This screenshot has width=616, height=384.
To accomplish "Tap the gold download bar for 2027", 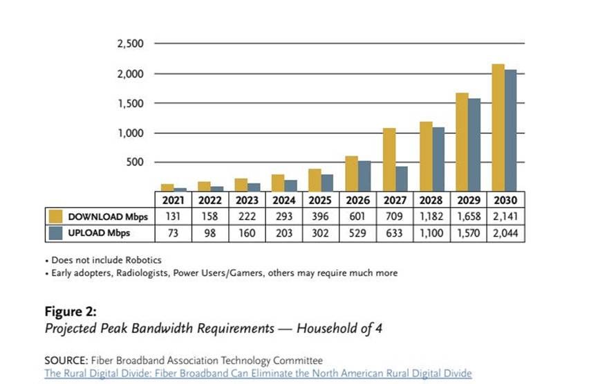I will pos(389,159).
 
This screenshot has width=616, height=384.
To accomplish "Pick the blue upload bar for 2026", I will pos(364,176).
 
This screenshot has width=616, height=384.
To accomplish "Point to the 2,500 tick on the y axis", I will pos(130,44).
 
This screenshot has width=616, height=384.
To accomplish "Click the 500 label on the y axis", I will pos(135,163).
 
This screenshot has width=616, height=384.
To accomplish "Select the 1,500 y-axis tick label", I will pos(130,103).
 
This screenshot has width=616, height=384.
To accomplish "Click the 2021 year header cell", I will pos(172,199).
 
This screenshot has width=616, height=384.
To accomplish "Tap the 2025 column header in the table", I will pos(320,199).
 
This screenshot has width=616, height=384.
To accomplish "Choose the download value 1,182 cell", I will pos(431,217).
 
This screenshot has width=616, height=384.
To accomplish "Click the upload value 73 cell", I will pos(172,233).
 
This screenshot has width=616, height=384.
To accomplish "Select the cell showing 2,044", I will pos(505,233).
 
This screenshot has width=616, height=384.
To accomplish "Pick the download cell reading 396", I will pos(320,217).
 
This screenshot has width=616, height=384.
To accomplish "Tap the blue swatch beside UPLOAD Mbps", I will pos(55,233).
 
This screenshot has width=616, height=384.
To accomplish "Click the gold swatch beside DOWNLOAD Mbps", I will pos(55,217).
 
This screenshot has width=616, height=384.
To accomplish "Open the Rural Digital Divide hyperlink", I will pos(258,373).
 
